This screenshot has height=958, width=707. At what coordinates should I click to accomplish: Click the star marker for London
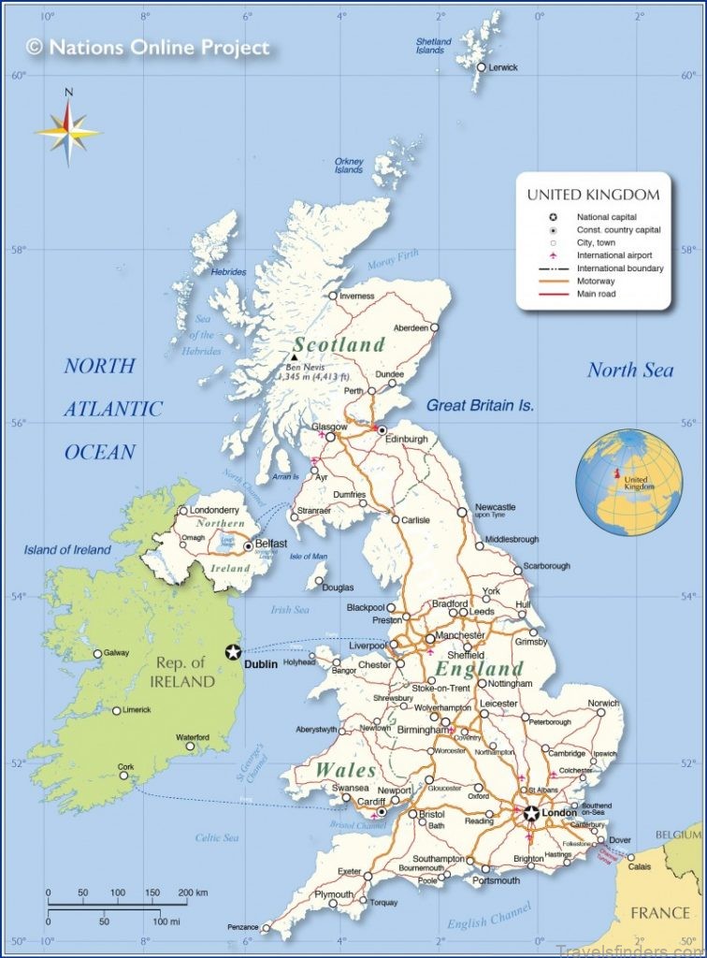click(x=531, y=813)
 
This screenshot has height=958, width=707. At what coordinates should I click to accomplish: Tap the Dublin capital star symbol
click(x=233, y=652)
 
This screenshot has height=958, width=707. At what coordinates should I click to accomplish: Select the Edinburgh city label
click(x=406, y=439)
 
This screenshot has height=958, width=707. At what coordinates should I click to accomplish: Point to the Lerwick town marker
click(x=482, y=67)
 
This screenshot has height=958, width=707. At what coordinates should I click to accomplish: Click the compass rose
click(x=68, y=131)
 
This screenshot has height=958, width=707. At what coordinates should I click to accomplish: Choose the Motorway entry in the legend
click(x=596, y=281)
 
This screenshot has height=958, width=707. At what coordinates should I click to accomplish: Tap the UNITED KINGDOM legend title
click(x=593, y=195)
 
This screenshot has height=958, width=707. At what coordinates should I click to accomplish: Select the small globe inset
click(x=628, y=481)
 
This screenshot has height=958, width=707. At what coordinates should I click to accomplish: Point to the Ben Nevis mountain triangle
click(x=294, y=356)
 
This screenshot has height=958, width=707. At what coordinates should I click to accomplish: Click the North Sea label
click(x=629, y=370)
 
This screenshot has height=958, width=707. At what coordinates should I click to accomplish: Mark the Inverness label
click(x=356, y=296)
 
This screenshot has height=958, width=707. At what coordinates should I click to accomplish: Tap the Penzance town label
click(x=242, y=927)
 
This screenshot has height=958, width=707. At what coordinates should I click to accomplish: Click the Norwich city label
click(x=603, y=703)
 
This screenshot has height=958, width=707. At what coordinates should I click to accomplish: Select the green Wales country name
click(x=345, y=770)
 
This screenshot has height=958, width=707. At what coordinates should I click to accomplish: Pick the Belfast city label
click(x=271, y=544)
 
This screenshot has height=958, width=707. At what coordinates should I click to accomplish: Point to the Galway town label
click(x=117, y=653)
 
